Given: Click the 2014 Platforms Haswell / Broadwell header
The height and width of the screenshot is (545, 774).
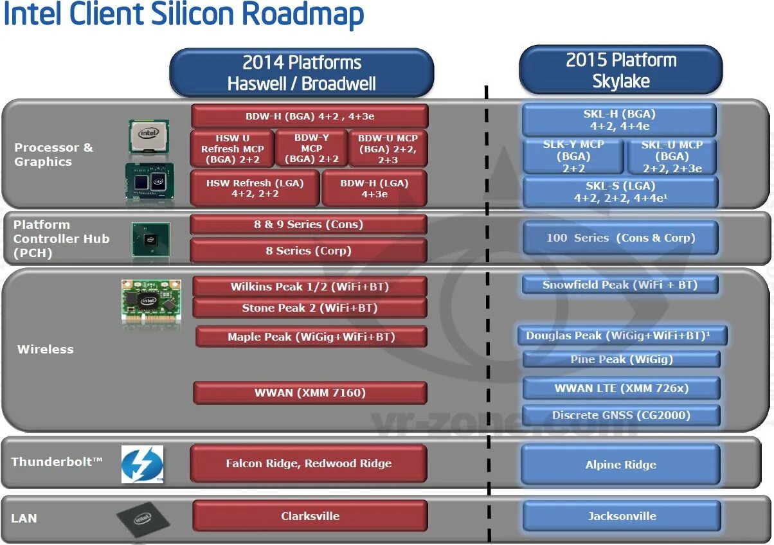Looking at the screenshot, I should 301,73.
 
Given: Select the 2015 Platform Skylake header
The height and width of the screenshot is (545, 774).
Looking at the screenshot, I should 620,70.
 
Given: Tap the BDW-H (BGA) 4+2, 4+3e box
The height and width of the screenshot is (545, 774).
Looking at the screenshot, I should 309,116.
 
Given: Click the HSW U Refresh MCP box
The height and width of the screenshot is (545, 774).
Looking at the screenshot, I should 232,148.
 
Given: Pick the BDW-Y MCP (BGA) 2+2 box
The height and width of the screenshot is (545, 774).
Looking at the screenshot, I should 311,148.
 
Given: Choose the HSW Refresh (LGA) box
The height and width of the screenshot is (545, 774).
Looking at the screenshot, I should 255,188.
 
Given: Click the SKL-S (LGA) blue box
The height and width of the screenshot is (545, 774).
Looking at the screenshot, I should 620,192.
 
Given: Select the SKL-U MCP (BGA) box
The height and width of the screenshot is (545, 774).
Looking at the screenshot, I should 672,157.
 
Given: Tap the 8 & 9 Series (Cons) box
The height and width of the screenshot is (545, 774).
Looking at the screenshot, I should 309,224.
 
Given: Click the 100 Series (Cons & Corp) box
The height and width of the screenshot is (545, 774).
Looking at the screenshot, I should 620,238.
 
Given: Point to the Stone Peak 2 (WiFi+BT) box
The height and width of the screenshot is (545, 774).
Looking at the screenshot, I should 309,308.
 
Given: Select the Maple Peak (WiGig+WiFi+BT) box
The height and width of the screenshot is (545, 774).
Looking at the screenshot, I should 311,337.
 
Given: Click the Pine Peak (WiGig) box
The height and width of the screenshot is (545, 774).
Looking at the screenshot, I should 621,359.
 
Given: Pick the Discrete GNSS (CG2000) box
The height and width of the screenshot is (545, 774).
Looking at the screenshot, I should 620,415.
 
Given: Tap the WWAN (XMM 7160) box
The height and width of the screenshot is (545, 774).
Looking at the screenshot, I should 310,393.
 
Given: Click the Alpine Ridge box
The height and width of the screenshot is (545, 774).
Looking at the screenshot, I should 620,465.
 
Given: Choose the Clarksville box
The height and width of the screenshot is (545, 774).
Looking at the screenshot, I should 310,516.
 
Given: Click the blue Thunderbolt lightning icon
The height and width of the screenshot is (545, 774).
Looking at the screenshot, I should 142,464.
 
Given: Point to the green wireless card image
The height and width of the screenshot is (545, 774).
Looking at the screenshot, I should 151,300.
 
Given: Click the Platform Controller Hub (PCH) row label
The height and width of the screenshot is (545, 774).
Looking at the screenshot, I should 61,238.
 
